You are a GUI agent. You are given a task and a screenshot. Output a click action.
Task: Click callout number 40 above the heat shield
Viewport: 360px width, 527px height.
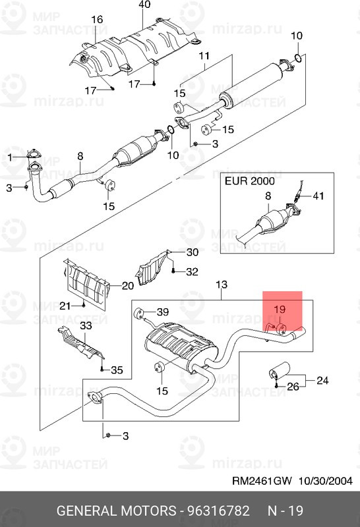pos(144,5)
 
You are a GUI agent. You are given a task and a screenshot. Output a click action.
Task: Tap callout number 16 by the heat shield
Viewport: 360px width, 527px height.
pos(97,20)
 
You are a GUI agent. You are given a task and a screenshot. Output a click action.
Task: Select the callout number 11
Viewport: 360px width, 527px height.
pos(204,55)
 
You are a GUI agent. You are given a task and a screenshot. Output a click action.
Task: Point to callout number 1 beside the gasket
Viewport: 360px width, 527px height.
pos(10,157)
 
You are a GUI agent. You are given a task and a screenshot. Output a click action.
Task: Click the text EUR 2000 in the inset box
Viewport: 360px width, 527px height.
pos(250,181)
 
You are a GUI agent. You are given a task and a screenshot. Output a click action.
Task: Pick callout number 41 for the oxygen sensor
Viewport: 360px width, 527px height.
pos(318,196)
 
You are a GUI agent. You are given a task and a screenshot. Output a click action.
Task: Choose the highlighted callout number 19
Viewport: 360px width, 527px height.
pos(280,309)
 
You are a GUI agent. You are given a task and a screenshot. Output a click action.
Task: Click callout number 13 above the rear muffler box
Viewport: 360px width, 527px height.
pos(222,285)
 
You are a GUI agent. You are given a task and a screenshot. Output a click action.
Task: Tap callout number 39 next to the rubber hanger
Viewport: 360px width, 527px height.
pos(163,312)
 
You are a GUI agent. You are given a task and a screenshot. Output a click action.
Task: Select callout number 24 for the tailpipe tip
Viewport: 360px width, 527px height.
pos(322,380)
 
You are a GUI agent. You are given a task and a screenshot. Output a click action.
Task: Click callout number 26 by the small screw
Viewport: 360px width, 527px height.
pos(293,387)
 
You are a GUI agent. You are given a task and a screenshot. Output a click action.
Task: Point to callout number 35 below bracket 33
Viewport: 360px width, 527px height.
pos(117,370)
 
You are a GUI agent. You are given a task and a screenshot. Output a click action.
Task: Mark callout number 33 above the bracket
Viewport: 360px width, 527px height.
pos(86,325)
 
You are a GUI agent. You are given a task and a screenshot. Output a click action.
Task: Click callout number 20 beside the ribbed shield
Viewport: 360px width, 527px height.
pos(128,286)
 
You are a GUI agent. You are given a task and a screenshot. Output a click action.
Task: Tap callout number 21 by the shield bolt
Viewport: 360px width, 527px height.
pos(65,306)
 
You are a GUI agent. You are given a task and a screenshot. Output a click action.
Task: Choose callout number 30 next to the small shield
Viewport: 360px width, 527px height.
pos(193,252)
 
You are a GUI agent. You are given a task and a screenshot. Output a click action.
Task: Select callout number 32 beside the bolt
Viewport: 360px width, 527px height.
pos(192,271)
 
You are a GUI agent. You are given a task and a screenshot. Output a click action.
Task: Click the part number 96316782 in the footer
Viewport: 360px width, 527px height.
pos(219,511)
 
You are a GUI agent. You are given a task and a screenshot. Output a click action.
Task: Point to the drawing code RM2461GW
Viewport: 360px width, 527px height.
pos(262,481)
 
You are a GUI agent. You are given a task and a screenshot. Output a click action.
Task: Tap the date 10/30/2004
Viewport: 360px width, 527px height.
pos(325,481)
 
